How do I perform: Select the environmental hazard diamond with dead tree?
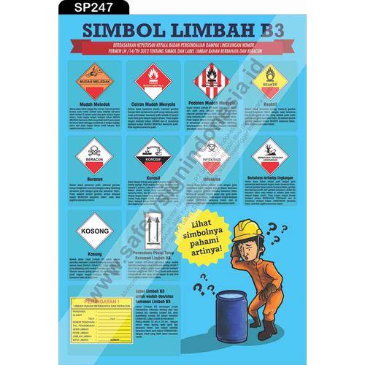point(272,154)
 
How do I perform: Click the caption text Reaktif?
point(269,104)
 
